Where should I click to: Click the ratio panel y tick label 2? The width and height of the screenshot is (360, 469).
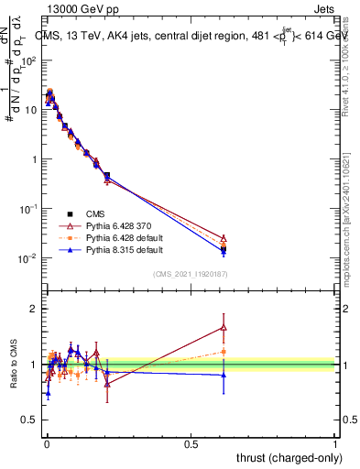click(x=33, y=308)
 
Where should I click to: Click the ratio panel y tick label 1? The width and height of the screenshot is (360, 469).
click(x=33, y=365)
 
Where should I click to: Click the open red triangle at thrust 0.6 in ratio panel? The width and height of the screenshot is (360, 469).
click(x=224, y=327)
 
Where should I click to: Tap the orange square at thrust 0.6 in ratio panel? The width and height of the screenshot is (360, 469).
click(x=224, y=352)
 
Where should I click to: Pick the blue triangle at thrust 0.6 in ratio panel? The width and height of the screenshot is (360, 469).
click(x=224, y=375)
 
